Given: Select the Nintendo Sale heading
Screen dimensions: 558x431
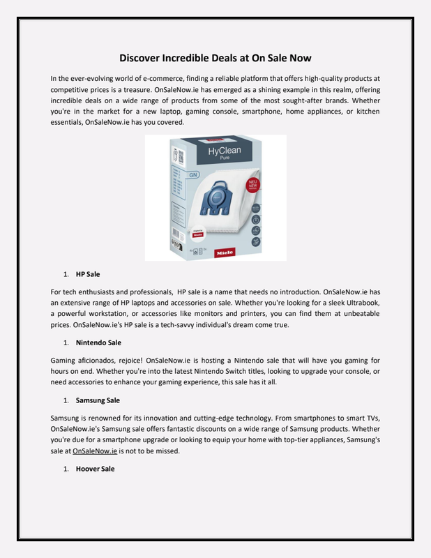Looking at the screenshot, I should pyautogui.click(x=98, y=343).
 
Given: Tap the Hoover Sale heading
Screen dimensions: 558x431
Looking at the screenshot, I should pyautogui.click(x=95, y=469).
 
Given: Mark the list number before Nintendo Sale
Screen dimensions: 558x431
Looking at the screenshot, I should pyautogui.click(x=66, y=343).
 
